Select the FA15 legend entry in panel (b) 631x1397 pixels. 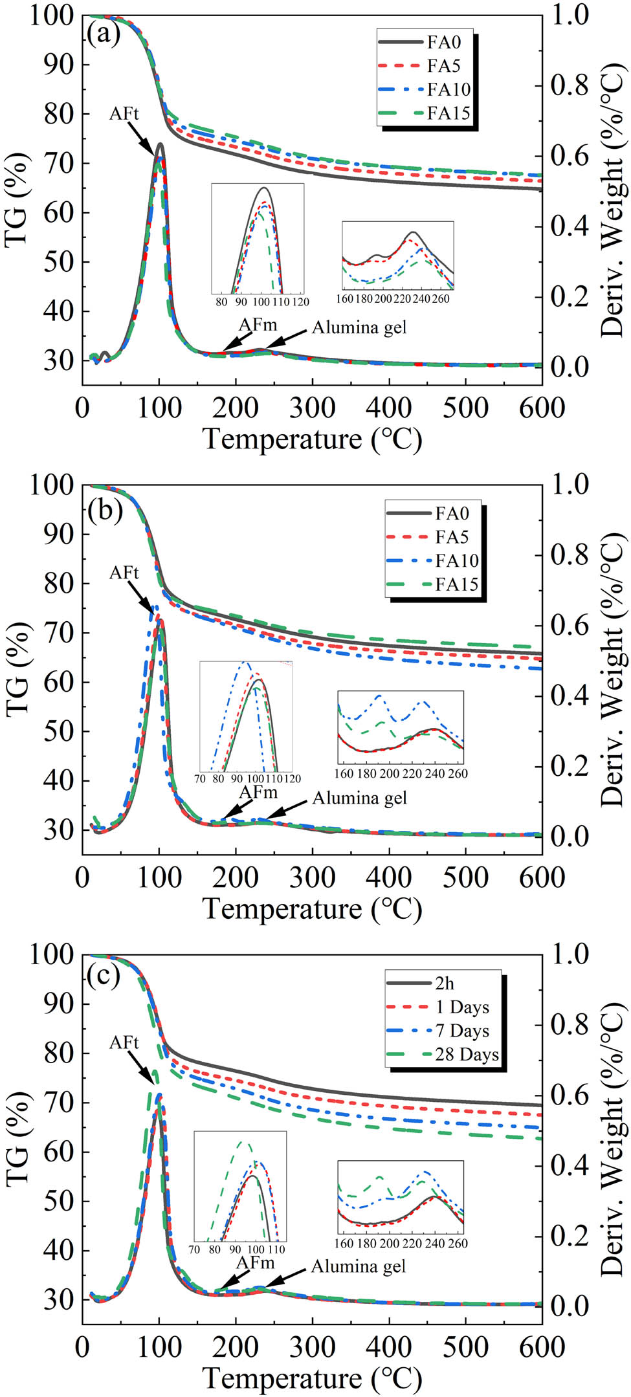coord(457,584)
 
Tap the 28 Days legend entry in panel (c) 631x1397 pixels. coord(467,1054)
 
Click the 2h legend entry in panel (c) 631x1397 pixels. coord(445,983)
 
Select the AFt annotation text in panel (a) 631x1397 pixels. coord(124,114)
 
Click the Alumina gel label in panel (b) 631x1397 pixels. coord(359,798)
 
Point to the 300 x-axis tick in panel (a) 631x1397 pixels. coord(313,408)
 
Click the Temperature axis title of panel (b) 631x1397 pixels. coord(313,908)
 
